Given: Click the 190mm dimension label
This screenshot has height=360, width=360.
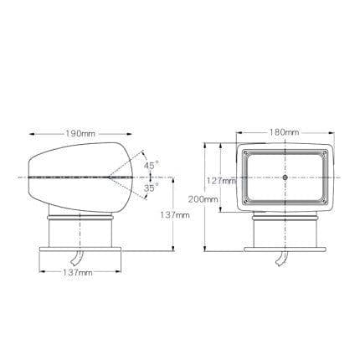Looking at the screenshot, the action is click(x=80, y=134).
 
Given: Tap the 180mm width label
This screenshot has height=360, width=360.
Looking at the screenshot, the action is click(x=284, y=132).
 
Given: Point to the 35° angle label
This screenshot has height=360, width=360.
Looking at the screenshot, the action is click(x=152, y=188).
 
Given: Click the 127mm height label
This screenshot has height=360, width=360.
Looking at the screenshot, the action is click(x=222, y=181).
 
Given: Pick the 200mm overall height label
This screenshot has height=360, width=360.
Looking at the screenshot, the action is click(x=203, y=199).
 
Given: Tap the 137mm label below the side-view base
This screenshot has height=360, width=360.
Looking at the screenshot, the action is click(x=78, y=272).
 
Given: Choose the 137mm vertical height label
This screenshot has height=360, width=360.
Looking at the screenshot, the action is click(x=175, y=215).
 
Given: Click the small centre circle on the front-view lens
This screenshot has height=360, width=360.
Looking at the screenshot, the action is click(x=285, y=177).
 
